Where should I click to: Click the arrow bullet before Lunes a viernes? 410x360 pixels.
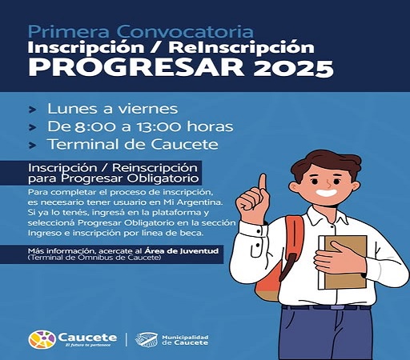tap(31, 108)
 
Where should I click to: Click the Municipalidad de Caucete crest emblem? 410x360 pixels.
tap(145, 340)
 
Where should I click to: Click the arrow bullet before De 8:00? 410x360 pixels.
tap(31, 126)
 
